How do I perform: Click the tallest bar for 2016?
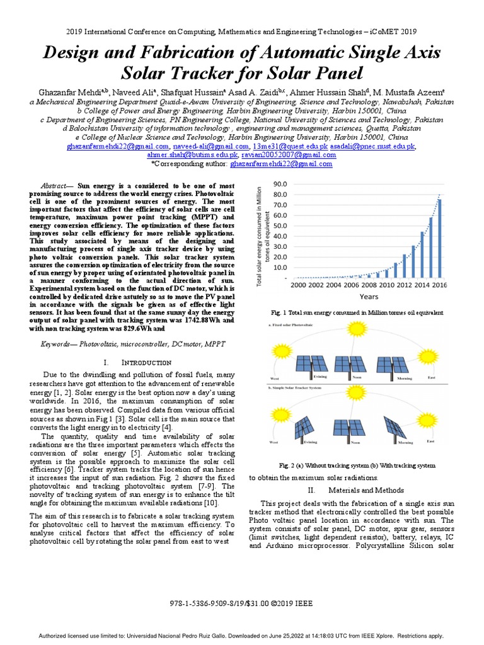[x=440, y=238]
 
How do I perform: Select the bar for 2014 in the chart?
[x=431, y=247]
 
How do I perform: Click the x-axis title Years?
[x=369, y=295]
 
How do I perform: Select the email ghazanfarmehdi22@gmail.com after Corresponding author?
[x=280, y=164]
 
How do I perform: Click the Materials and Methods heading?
[x=360, y=490]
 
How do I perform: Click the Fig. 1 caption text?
[x=357, y=312]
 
